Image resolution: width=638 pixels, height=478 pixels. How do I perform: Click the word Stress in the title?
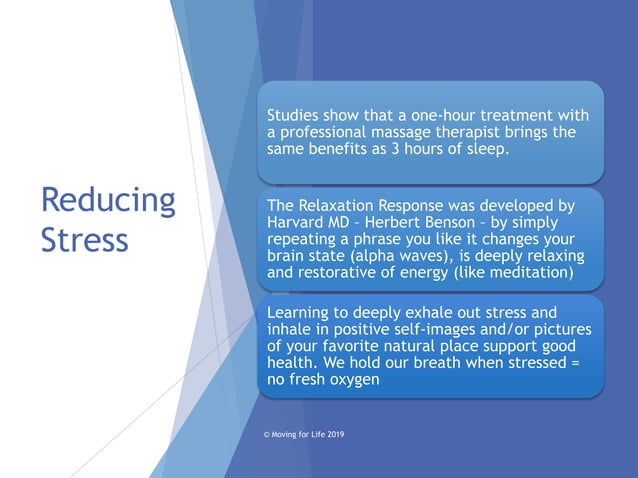85,240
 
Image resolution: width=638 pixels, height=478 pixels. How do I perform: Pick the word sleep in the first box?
484,150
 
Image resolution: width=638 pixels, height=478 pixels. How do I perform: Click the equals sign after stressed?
574,364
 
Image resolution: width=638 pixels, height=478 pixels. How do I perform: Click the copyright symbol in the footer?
266,435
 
